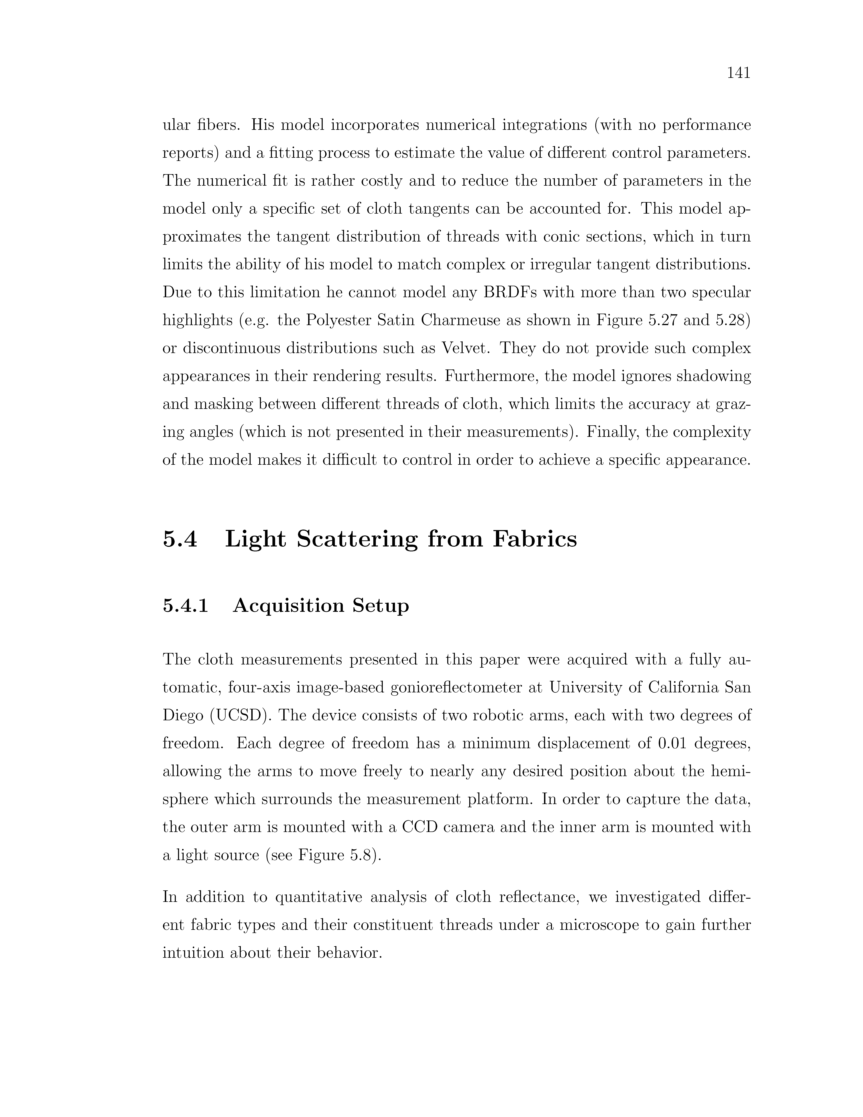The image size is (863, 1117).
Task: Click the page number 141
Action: tap(738, 74)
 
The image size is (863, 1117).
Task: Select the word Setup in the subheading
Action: tap(380, 606)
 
